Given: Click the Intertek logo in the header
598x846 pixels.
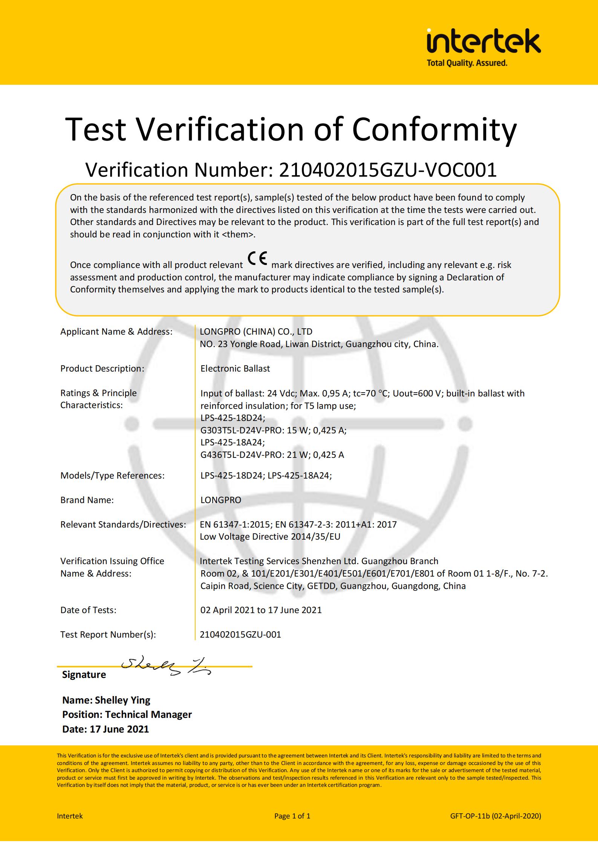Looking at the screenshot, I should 483,42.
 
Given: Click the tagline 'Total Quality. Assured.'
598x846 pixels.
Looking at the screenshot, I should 466,63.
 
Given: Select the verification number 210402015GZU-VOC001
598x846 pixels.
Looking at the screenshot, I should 387,170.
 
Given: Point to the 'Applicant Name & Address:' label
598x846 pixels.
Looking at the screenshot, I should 116,332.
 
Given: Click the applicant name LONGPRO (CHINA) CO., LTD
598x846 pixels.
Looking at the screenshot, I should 256,332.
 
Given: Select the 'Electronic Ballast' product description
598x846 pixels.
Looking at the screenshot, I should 235,369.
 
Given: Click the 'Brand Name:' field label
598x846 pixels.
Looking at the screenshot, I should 87,500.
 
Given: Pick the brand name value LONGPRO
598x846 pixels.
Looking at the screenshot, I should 221,500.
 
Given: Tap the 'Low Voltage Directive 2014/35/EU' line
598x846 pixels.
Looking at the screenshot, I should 270,537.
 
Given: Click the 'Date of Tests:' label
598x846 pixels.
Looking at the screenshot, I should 88,610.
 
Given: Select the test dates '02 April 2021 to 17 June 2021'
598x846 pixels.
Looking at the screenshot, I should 261,610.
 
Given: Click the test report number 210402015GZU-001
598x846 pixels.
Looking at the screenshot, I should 240,635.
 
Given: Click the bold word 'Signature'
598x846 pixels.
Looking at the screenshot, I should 84,675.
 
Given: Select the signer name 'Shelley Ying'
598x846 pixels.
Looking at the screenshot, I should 122,700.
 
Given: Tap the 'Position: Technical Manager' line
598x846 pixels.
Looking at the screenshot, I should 127,714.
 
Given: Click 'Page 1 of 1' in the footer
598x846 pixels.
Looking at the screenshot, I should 292,816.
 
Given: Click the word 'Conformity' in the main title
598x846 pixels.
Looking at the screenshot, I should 434,129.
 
